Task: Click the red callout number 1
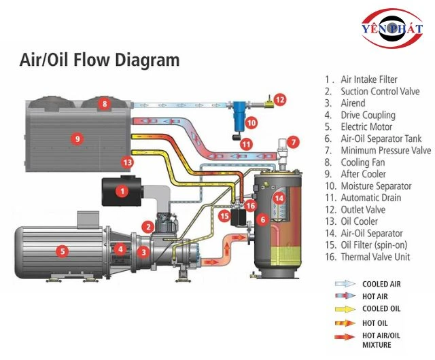pos(122,192)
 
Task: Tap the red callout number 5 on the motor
pos(63,251)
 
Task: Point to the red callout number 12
pos(281,99)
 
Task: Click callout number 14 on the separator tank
pos(278,198)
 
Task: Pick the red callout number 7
pos(292,142)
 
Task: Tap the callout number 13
pos(127,162)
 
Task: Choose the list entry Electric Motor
pos(366,126)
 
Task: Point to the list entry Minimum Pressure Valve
pos(385,150)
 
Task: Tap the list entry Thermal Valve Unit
pos(376,257)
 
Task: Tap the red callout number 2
pos(147,226)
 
